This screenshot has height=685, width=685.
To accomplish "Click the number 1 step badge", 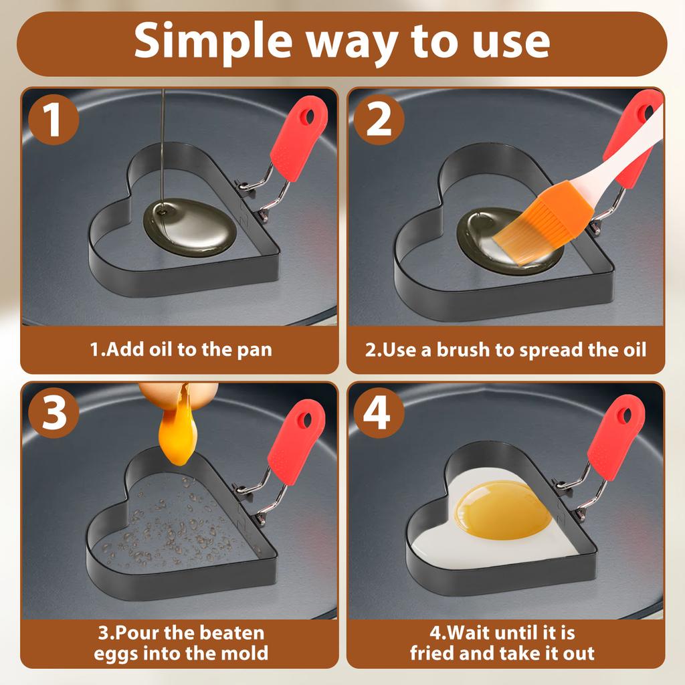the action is pyautogui.click(x=54, y=119).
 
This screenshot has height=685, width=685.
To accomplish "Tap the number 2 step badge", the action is pyautogui.click(x=379, y=119).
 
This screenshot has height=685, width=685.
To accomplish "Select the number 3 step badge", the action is pyautogui.click(x=54, y=413).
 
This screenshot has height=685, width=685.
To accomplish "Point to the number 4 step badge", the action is pyautogui.click(x=379, y=413).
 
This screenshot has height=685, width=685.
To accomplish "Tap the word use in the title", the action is pyautogui.click(x=512, y=43).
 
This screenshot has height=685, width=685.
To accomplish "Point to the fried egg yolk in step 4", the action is pyautogui.click(x=502, y=509).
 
